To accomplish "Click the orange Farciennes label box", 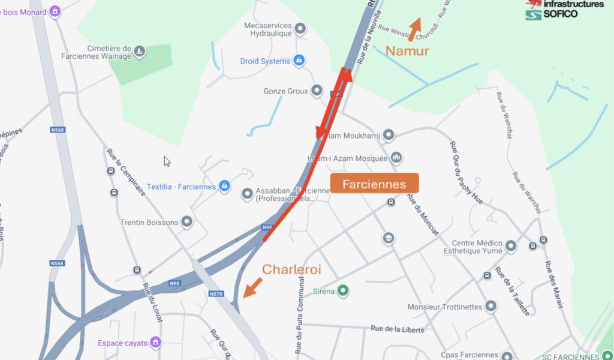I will click(x=374, y=184).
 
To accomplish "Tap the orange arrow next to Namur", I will click(x=414, y=29).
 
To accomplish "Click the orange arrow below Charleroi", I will click(x=252, y=287).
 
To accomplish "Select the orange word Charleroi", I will click(x=291, y=269).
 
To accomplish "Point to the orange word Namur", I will click(x=407, y=51).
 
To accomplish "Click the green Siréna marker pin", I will click(x=343, y=292).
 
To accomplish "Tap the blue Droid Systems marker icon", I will click(x=299, y=61).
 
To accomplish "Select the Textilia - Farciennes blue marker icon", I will click(x=224, y=186).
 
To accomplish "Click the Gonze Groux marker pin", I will click(x=317, y=91).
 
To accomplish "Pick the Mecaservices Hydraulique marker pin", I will click(x=300, y=29).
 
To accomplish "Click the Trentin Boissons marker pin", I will click(x=187, y=222).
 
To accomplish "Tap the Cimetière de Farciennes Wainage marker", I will click(x=140, y=52).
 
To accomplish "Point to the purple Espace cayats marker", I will click(x=155, y=343).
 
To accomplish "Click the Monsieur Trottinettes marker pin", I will click(x=491, y=307).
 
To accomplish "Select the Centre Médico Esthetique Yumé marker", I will click(x=510, y=246).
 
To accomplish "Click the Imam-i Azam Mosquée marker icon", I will click(x=396, y=158).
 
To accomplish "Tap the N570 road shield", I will click(x=216, y=294).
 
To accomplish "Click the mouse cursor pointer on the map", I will click(x=167, y=161).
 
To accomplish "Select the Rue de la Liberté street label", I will click(x=398, y=328).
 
